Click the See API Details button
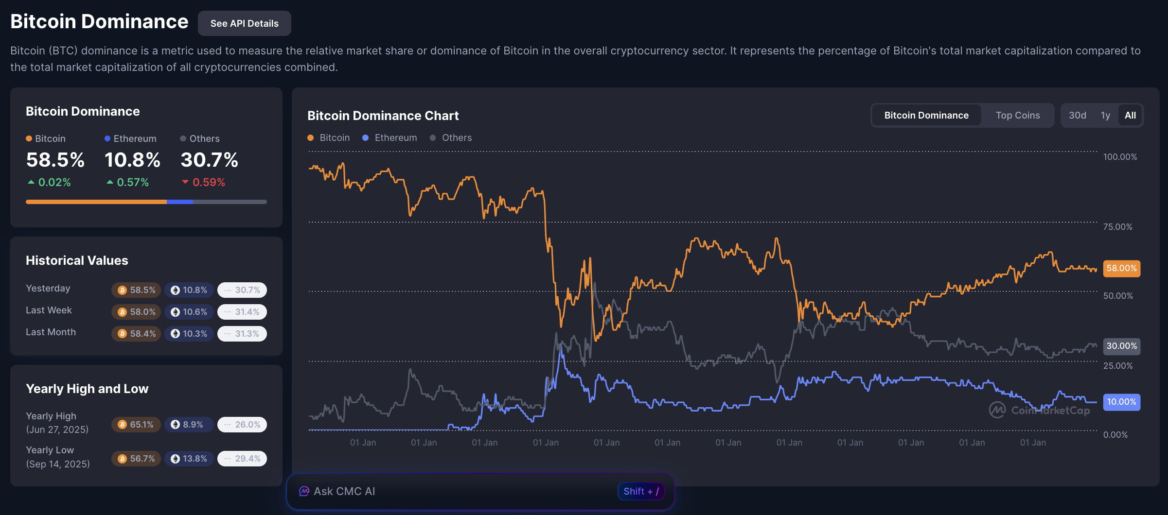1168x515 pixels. [x=244, y=23]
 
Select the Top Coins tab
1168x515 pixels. [x=1017, y=115]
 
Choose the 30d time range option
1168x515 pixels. [x=1077, y=115]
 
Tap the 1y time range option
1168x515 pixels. [x=1105, y=115]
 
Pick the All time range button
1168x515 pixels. [x=1130, y=115]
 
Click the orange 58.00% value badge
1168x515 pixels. [x=1121, y=268]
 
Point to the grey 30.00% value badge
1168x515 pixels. [x=1121, y=346]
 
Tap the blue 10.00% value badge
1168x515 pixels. [x=1121, y=402]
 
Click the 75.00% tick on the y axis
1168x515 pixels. [x=1117, y=227]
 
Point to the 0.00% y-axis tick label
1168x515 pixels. [x=1115, y=435]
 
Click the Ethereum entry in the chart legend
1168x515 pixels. [x=390, y=137]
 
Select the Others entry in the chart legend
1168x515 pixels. [x=451, y=137]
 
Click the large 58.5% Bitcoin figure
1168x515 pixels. [x=55, y=160]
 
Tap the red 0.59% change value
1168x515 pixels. [x=208, y=182]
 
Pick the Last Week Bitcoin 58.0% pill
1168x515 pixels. [x=136, y=312]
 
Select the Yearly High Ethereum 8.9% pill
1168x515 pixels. [x=188, y=425]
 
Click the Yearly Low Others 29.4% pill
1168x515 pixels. [x=242, y=459]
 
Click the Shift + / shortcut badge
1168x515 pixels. [x=641, y=491]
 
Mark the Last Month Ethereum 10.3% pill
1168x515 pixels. [x=189, y=334]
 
